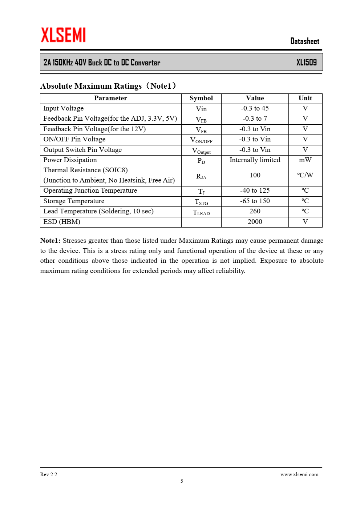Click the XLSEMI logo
[x=63, y=35]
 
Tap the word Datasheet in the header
[x=304, y=41]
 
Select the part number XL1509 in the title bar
[x=306, y=62]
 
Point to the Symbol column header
[x=201, y=98]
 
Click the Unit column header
[x=305, y=98]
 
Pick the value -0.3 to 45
[x=255, y=108]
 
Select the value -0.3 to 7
[x=255, y=119]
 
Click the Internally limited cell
[x=255, y=160]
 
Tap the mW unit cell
[x=305, y=160]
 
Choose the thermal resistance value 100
[x=255, y=175]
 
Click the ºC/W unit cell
[x=305, y=175]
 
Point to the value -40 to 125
[x=255, y=190]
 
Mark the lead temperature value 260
[x=255, y=211]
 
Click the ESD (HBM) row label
[x=62, y=222]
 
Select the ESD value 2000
[x=255, y=222]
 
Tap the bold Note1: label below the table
[x=50, y=241]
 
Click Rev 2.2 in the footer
[x=49, y=474]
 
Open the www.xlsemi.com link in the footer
[x=299, y=474]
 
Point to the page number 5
[x=182, y=481]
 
